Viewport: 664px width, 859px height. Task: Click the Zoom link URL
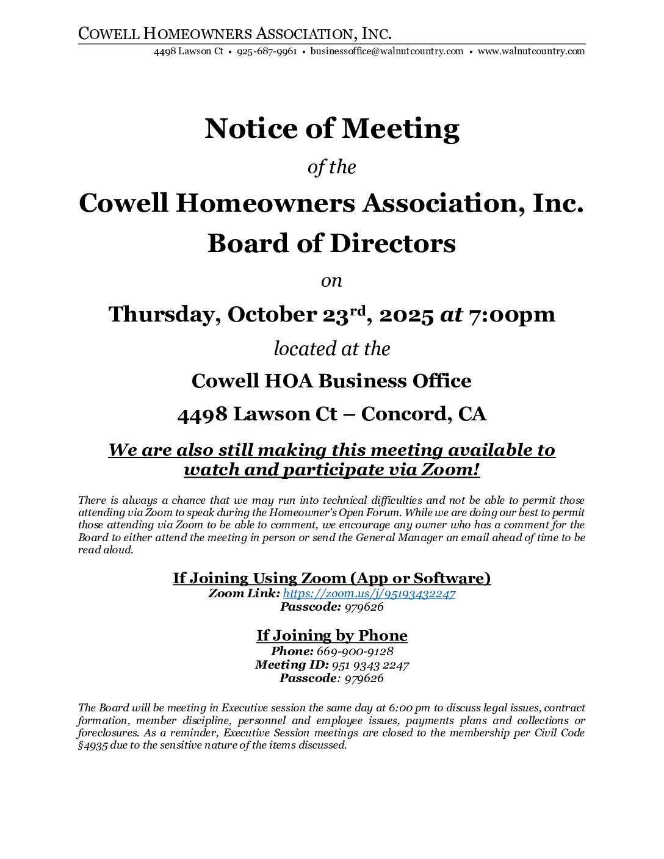pos(369,594)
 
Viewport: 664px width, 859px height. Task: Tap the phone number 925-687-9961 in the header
pos(267,51)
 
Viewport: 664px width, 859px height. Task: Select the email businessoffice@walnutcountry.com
pos(387,51)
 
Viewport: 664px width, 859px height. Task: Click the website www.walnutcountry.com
pos(531,51)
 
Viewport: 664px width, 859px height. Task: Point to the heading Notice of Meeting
pos(332,129)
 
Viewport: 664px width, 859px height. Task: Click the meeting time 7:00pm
pos(511,315)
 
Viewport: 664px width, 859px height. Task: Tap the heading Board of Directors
pos(332,243)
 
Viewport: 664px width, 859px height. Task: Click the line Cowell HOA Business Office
pos(331,381)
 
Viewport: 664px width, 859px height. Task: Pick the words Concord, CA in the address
pos(424,414)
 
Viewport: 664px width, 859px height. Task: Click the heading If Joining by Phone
pos(332,636)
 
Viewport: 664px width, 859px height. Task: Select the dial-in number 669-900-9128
pos(355,652)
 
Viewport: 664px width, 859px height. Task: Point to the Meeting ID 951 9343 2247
pos(370,665)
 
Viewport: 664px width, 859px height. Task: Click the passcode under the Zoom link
pos(364,607)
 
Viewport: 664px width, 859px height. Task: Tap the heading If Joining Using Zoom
pos(332,578)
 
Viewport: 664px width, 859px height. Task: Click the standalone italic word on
pos(332,281)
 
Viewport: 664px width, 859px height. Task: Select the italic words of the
pos(332,168)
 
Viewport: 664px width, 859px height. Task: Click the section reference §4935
pos(93,746)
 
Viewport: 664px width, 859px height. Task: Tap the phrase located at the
pos(332,349)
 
